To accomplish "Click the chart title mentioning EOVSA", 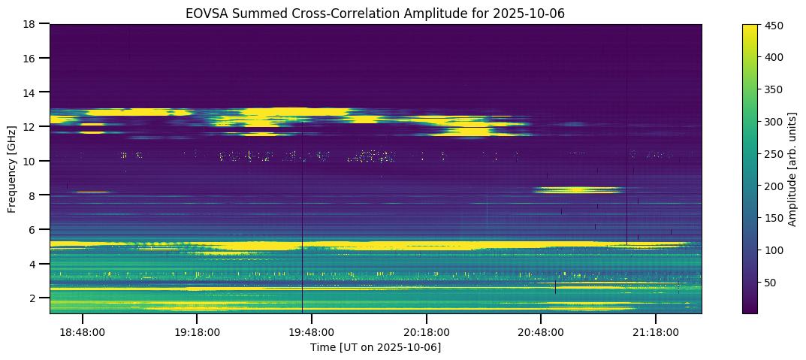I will tap(376, 13).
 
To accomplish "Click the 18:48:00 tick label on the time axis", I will tap(82, 331).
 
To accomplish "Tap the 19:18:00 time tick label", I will tap(197, 331).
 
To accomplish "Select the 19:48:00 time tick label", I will tap(312, 331).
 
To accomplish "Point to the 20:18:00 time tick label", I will tap(427, 331).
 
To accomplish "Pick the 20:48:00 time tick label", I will tap(542, 331).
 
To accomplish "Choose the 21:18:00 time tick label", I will tap(656, 331).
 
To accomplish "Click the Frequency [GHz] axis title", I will tap(12, 169).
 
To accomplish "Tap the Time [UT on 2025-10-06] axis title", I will tap(376, 347).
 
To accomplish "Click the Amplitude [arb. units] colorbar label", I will tap(792, 169).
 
